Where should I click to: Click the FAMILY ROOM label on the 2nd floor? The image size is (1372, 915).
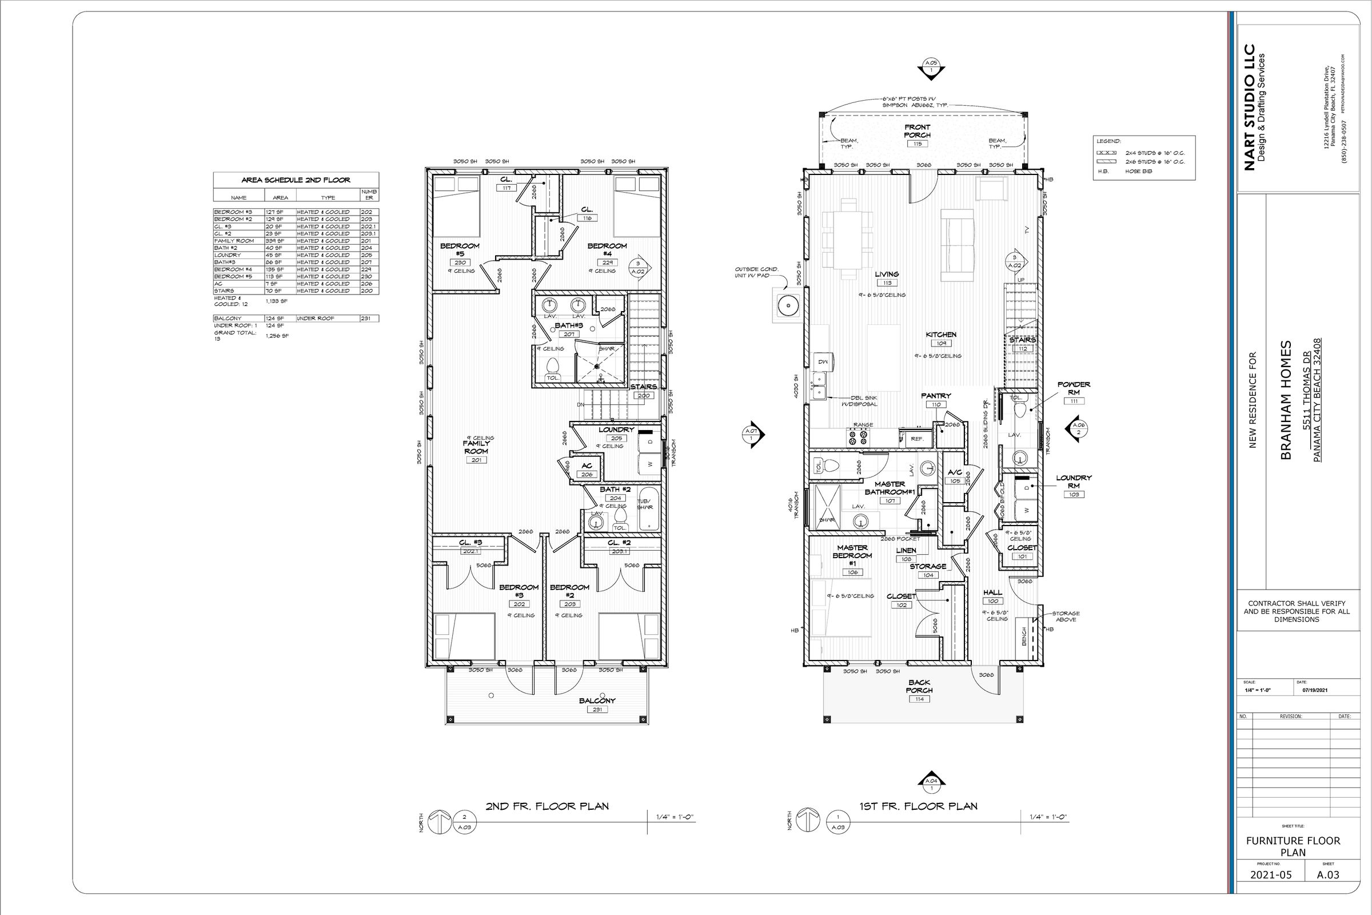point(476,447)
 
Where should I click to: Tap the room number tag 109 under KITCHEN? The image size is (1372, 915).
point(941,344)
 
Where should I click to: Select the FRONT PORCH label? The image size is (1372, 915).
point(917,131)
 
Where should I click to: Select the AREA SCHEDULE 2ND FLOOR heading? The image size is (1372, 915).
point(296,180)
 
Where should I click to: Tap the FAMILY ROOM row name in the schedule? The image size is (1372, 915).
point(234,240)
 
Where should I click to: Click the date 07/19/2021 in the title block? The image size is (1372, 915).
point(1315,690)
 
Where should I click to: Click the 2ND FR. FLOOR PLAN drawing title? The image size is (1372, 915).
point(547,806)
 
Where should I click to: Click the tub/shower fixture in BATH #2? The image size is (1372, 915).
point(649,509)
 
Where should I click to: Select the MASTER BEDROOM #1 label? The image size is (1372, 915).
point(852,555)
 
